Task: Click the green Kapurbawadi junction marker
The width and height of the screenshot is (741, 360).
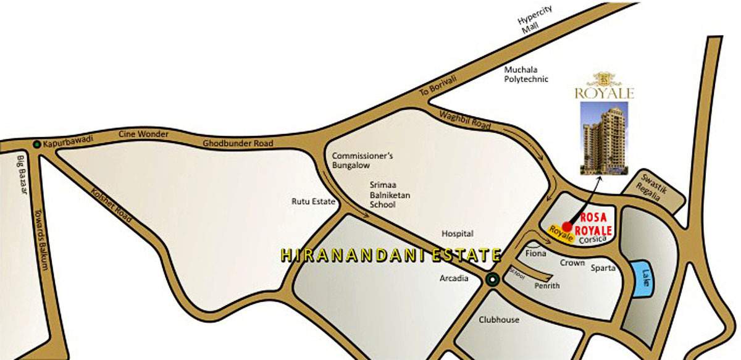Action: (x=38, y=144)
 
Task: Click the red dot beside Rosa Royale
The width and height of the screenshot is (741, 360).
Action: (x=567, y=227)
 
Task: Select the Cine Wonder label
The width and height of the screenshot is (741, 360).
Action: (x=140, y=135)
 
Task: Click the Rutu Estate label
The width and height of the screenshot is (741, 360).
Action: (x=313, y=201)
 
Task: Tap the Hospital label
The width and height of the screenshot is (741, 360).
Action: (x=458, y=234)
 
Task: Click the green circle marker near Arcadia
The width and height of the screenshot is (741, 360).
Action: (x=492, y=280)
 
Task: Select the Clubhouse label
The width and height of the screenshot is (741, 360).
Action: (x=499, y=320)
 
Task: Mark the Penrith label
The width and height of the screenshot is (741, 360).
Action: (x=547, y=286)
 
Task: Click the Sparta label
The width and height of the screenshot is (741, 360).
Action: (x=603, y=269)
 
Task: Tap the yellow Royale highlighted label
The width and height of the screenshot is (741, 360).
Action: (x=558, y=234)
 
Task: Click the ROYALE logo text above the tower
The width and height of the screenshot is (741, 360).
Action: (x=605, y=94)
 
